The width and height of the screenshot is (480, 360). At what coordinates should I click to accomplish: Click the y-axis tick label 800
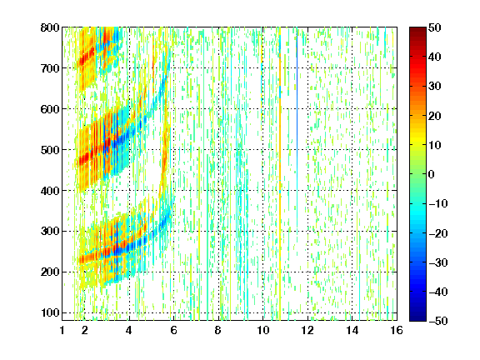point(50,27)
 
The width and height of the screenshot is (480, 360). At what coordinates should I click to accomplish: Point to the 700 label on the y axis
point(50,68)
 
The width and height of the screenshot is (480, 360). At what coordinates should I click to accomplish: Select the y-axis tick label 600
point(50,109)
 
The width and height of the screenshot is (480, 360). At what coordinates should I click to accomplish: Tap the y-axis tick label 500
point(50,150)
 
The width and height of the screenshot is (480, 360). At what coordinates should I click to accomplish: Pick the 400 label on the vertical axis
point(50,191)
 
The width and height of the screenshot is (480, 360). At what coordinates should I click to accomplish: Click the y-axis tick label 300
point(50,231)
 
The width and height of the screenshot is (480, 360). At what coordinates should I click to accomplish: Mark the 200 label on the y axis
point(50,272)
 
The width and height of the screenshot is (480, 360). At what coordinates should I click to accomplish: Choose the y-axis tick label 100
point(50,312)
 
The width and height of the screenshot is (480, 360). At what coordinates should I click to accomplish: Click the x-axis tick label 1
point(62,330)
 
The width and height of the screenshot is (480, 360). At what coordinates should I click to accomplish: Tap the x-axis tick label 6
point(174,330)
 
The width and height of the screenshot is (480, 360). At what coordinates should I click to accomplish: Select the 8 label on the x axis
point(218,330)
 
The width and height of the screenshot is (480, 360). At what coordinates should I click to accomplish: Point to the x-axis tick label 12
point(307,330)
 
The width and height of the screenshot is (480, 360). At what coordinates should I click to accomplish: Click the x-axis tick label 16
point(397,330)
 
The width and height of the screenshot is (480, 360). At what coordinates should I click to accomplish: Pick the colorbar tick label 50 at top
point(435,27)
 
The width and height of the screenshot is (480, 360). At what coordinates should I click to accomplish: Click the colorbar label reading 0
point(432,174)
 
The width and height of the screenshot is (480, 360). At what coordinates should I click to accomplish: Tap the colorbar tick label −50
point(437,321)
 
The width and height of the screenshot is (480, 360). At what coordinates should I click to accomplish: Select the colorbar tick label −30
point(437,262)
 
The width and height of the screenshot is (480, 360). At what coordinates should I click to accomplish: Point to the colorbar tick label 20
point(435,116)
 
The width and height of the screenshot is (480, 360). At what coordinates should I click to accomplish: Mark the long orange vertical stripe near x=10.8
point(280,174)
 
